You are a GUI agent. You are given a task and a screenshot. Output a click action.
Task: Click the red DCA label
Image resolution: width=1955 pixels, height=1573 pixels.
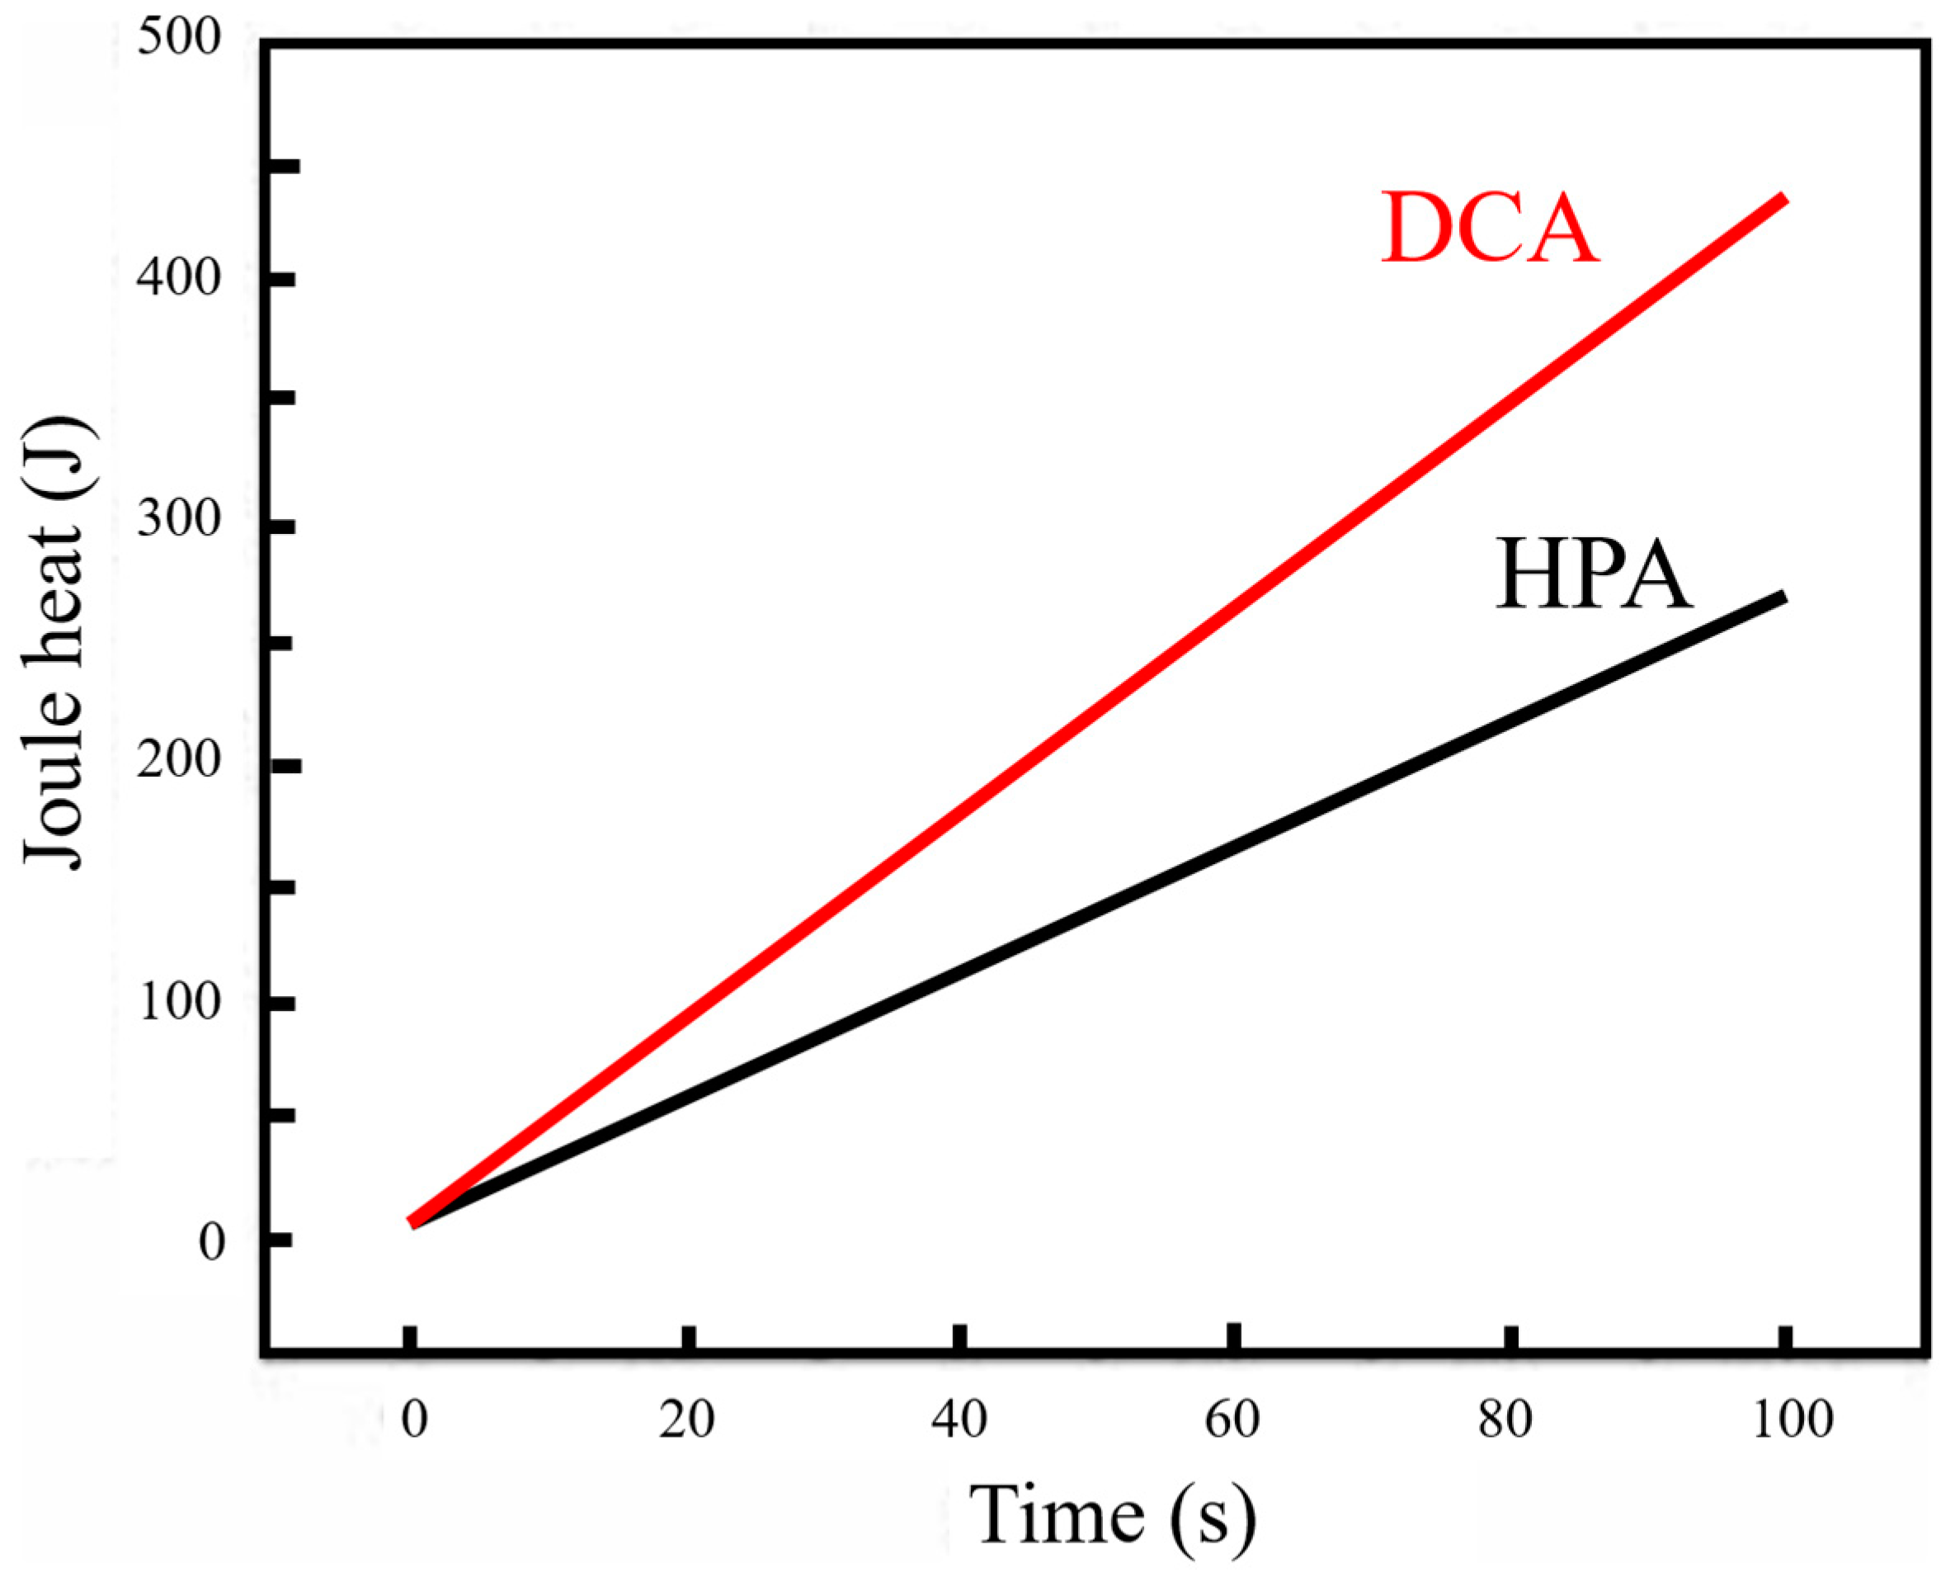[1488, 229]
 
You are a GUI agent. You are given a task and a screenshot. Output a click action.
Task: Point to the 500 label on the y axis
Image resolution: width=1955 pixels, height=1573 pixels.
[180, 40]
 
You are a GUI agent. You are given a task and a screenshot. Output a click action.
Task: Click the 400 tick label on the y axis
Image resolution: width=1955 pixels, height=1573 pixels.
[180, 278]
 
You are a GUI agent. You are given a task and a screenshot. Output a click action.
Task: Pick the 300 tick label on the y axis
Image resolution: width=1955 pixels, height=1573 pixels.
[180, 520]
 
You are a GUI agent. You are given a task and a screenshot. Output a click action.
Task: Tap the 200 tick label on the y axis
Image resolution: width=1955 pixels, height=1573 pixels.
[180, 760]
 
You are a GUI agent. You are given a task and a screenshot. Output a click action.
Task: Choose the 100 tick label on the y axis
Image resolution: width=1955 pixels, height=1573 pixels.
[180, 1003]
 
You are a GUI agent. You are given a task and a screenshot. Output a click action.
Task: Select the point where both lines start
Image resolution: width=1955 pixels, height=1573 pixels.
[413, 1222]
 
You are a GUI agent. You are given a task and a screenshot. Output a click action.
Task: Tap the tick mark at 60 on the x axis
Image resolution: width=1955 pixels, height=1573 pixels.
[1233, 1338]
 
